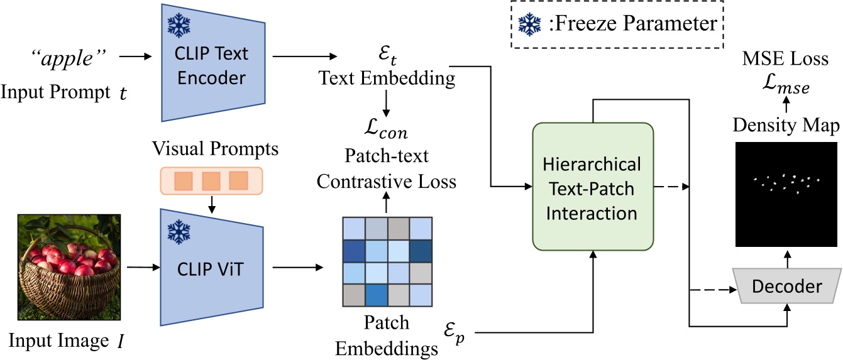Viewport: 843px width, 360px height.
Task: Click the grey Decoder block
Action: (x=786, y=286)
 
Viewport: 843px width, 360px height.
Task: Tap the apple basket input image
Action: (x=69, y=268)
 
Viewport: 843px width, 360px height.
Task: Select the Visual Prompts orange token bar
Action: (x=211, y=180)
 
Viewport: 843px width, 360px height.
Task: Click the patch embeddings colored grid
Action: (x=386, y=261)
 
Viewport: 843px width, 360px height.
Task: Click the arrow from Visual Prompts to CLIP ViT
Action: (x=211, y=203)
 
